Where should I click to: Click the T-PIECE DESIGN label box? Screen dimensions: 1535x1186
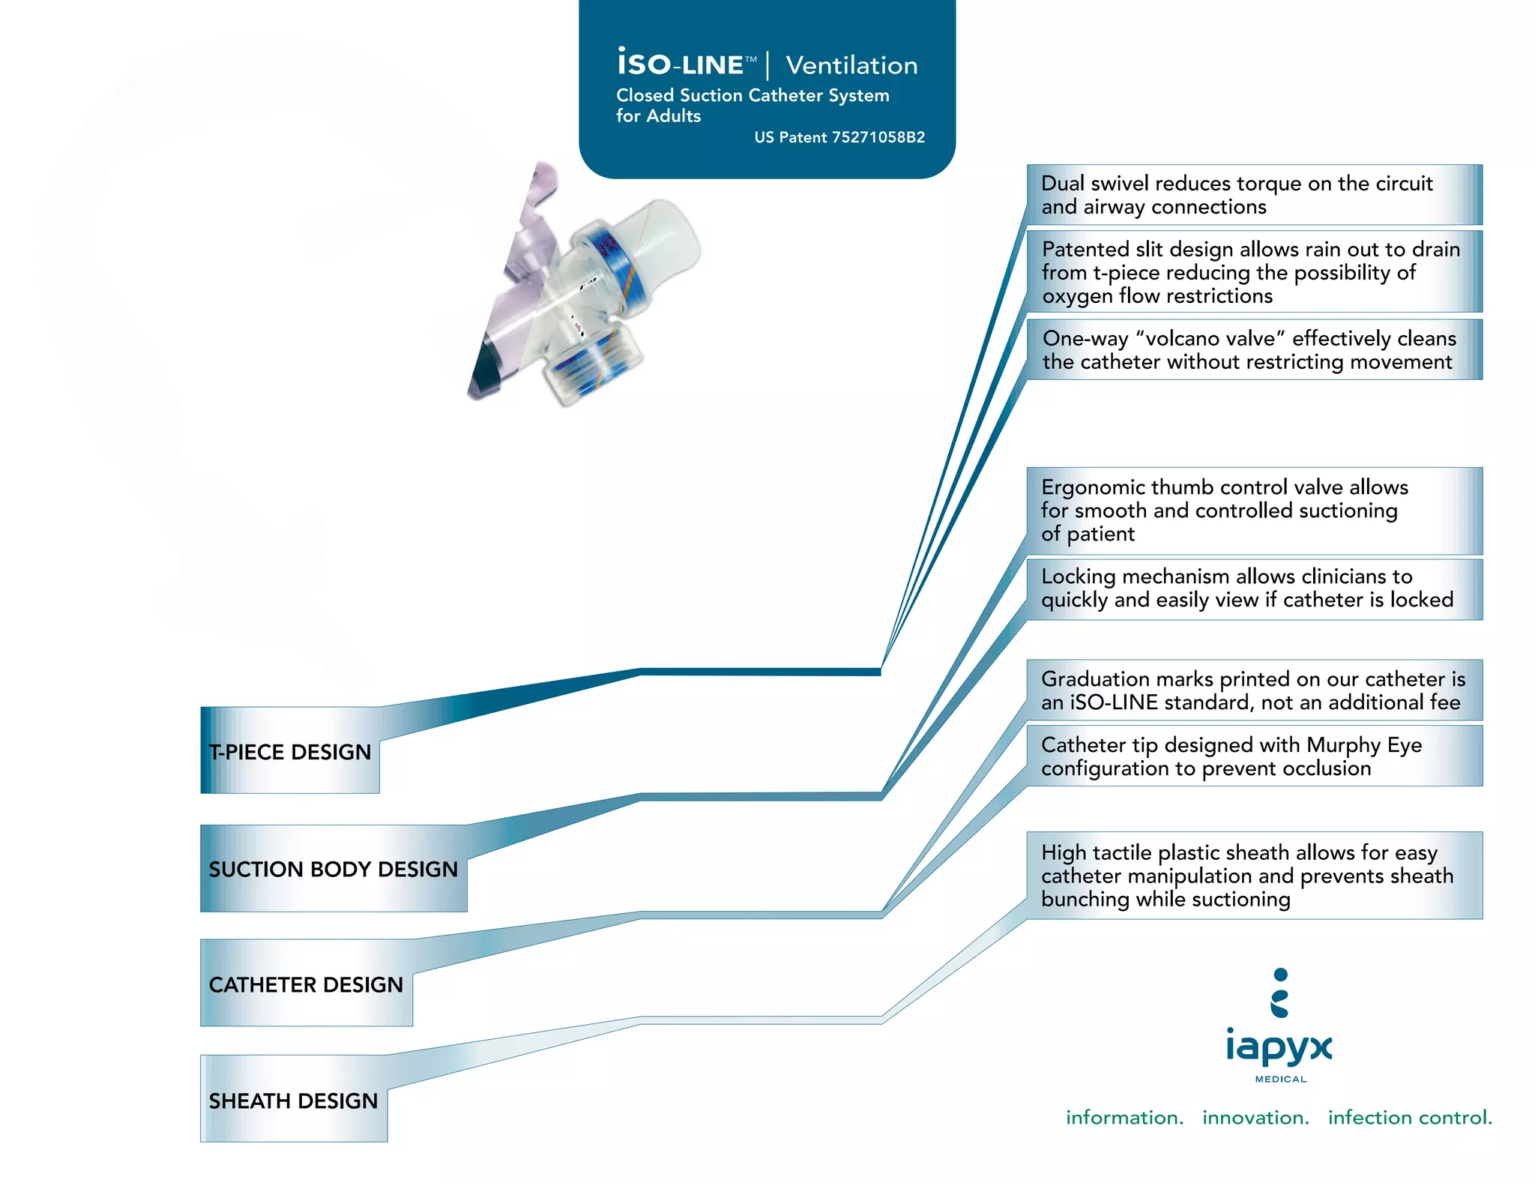pyautogui.click(x=290, y=751)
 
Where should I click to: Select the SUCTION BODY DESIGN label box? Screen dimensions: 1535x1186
pyautogui.click(x=334, y=869)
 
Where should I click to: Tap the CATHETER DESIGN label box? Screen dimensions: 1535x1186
pyautogui.click(x=306, y=984)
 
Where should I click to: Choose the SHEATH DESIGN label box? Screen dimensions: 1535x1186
pyautogui.click(x=293, y=1100)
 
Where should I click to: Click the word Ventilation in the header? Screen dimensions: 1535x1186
pyautogui.click(x=851, y=66)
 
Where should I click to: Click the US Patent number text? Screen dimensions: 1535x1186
pyautogui.click(x=839, y=137)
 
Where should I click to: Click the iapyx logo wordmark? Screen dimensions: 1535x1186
pyautogui.click(x=1279, y=1047)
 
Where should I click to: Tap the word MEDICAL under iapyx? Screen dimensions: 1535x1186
pyautogui.click(x=1281, y=1080)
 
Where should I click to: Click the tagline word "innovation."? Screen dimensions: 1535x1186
pyautogui.click(x=1255, y=1118)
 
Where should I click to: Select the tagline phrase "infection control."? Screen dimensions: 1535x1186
pyautogui.click(x=1410, y=1118)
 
